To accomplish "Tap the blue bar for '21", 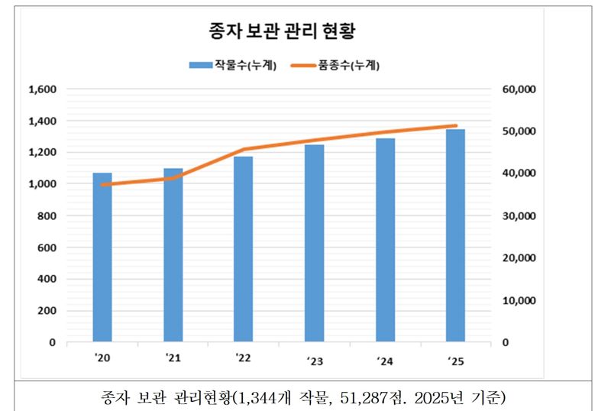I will pos(173,255).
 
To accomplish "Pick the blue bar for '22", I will pos(244,249).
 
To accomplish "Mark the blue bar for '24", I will pos(385,240).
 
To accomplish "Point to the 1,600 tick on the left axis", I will pos(43,89).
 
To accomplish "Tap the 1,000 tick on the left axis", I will pos(43,184).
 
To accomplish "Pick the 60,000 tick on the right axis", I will pos(522,89).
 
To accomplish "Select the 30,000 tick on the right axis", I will pos(522,216).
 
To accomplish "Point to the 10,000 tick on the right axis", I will pos(522,300).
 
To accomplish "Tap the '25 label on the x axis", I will pos(455,361).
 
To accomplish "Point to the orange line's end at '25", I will pos(455,125).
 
